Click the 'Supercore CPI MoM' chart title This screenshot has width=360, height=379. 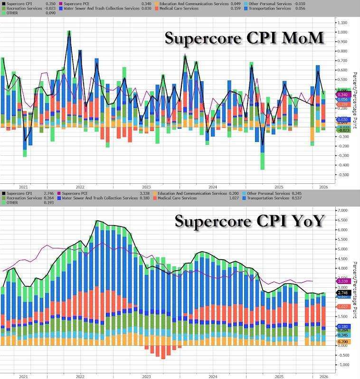coord(244,38)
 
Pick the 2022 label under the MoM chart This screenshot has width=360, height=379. coord(80,187)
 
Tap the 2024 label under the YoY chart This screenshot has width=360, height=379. coord(213,376)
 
